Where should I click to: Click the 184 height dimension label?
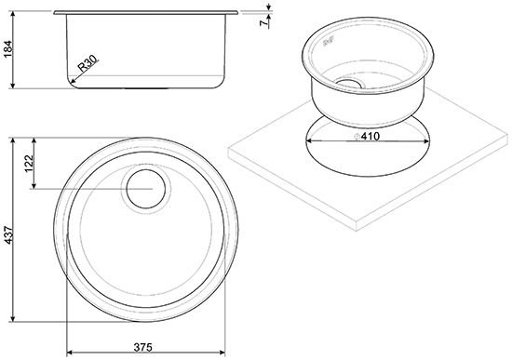[7, 49]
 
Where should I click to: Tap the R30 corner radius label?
[88, 63]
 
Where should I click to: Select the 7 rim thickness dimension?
[263, 23]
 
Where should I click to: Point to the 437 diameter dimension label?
[7, 235]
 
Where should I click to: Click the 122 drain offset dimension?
[29, 163]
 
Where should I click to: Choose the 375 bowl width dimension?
[143, 347]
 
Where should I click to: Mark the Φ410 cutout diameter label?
[368, 136]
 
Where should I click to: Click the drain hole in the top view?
[146, 189]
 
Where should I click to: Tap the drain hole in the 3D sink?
[349, 83]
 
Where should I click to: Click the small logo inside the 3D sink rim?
[330, 42]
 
